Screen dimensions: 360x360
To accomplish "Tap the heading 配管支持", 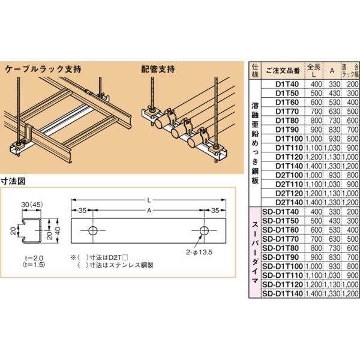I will pyautogui.click(x=159, y=68).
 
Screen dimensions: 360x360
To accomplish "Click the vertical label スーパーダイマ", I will pyautogui.click(x=254, y=252).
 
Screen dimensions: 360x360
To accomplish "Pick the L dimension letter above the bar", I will pyautogui.click(x=148, y=199).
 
